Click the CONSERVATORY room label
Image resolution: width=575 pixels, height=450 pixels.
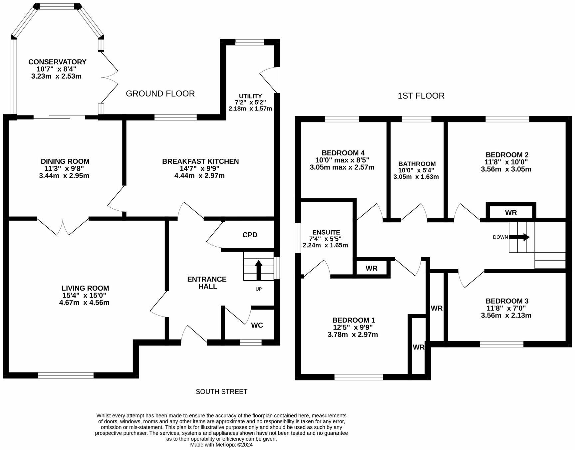click(x=57, y=62)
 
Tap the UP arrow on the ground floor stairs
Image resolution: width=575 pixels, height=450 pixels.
click(x=258, y=270)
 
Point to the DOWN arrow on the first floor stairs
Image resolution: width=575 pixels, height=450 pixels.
click(x=519, y=237)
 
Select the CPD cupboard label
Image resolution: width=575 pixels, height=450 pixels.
click(x=250, y=235)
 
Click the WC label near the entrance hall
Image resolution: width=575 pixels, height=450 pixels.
click(x=257, y=325)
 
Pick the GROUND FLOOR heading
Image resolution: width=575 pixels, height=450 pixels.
click(x=160, y=94)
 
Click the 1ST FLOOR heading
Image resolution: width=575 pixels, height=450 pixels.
click(x=421, y=96)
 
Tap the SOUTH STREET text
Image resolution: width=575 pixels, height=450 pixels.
click(x=221, y=391)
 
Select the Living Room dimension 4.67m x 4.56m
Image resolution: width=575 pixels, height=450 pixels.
click(x=84, y=303)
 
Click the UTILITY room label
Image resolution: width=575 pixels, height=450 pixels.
click(x=250, y=96)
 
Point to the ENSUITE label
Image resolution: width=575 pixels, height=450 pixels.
click(x=326, y=232)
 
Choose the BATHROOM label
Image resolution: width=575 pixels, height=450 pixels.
click(x=417, y=164)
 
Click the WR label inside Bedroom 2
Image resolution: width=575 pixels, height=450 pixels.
click(x=511, y=212)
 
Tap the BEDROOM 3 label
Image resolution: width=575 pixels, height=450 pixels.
click(x=507, y=301)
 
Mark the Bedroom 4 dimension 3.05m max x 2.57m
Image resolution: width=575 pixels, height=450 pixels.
click(x=342, y=167)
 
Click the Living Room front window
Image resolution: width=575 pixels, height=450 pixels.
click(x=66, y=375)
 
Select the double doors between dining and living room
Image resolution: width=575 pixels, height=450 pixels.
click(x=63, y=226)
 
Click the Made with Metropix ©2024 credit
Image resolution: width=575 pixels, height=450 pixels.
click(x=221, y=445)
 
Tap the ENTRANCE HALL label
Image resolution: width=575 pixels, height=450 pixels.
click(x=207, y=283)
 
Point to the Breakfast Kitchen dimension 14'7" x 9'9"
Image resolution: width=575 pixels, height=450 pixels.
click(x=200, y=168)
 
